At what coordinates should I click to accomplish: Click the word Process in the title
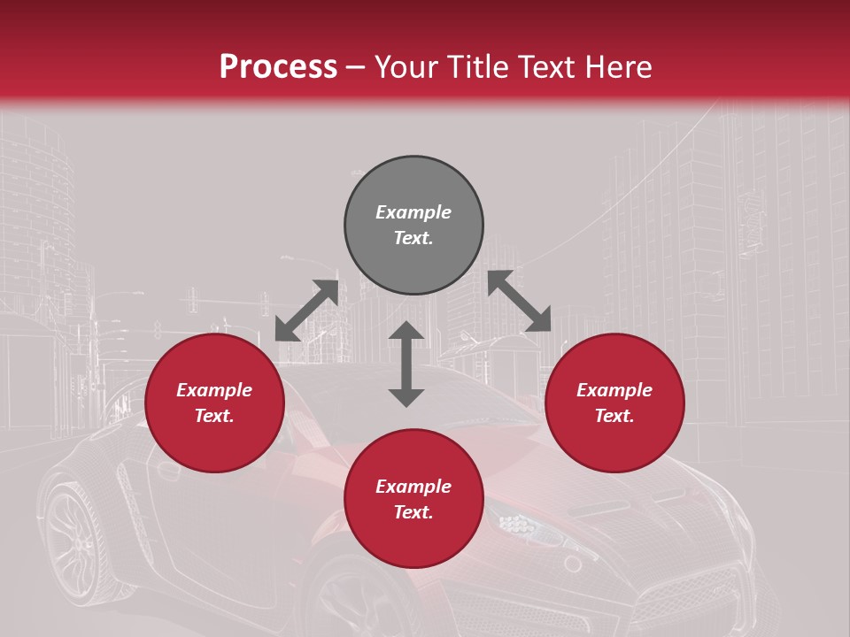278,67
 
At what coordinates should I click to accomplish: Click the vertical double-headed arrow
406,364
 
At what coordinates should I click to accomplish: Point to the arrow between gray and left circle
306,310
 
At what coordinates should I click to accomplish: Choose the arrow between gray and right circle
520,301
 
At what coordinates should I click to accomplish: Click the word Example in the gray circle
413,212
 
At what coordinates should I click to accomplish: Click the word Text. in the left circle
214,416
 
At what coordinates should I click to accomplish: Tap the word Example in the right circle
614,390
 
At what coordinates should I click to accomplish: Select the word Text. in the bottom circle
413,512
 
